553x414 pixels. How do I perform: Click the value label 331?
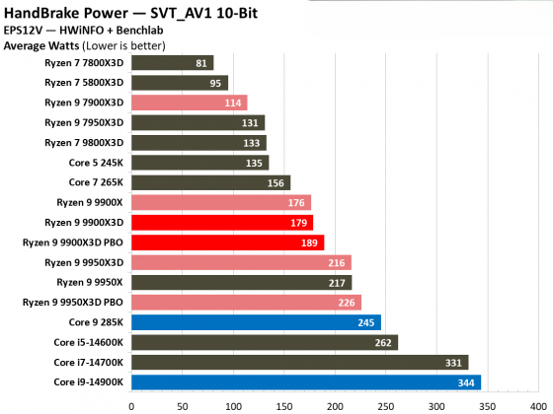(452, 362)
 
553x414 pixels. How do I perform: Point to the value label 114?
(232, 103)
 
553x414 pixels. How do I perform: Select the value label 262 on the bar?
(382, 342)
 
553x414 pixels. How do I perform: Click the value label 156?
(275, 182)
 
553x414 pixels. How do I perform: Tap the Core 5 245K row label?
(97, 163)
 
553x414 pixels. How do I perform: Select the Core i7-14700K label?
(89, 362)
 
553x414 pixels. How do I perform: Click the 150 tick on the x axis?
(284, 403)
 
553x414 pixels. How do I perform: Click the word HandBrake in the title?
(46, 12)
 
